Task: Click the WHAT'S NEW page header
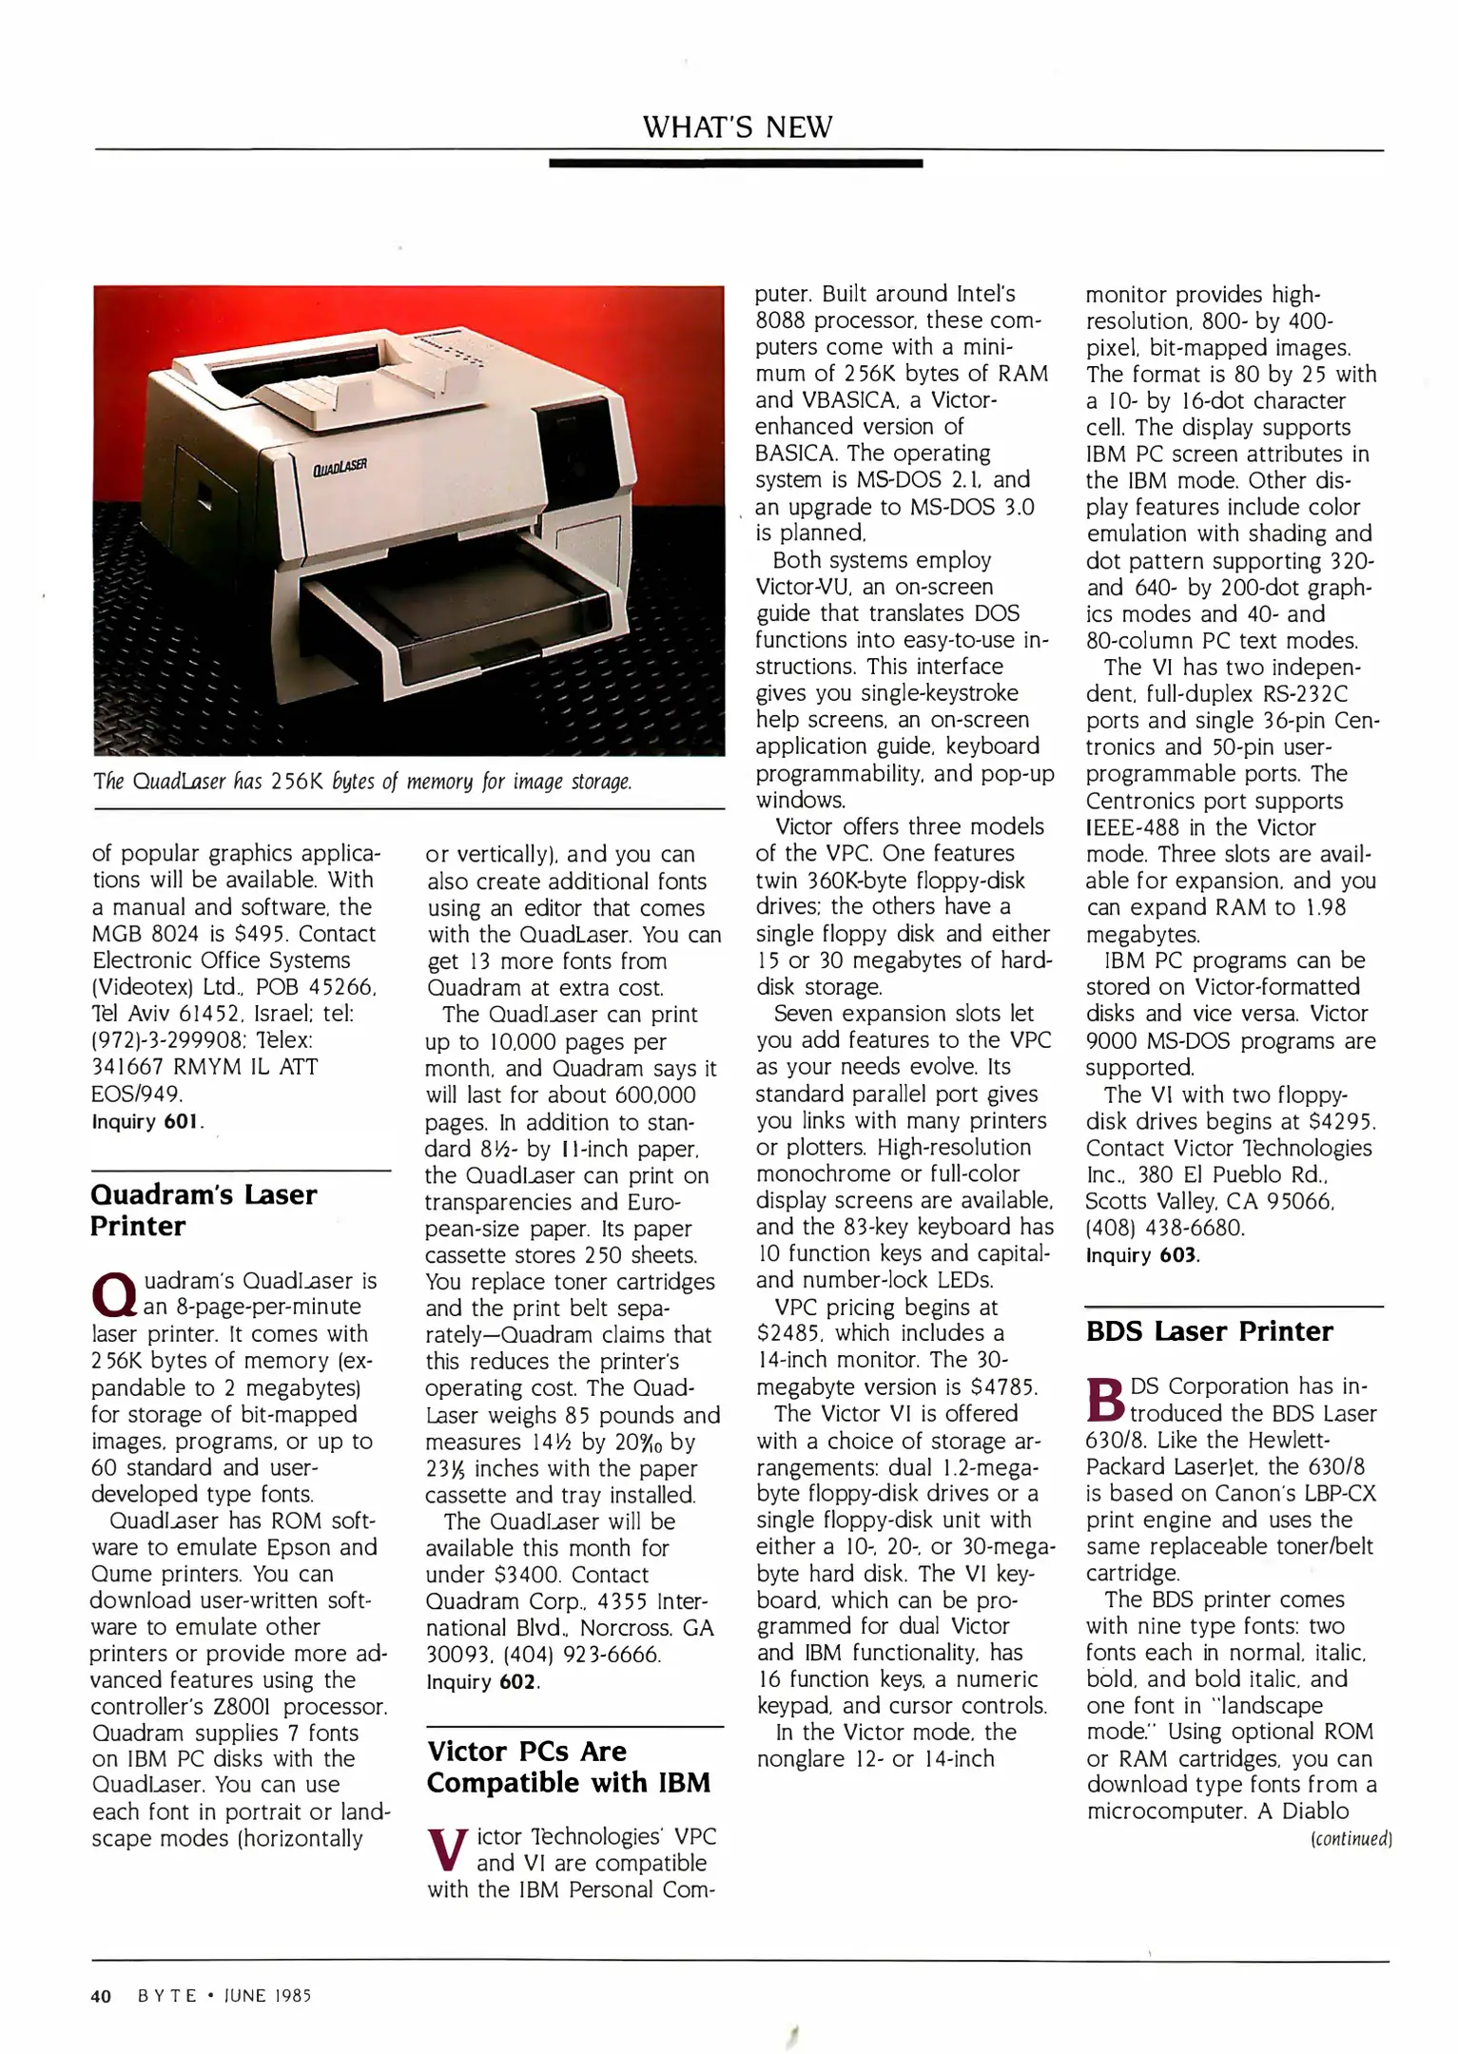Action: tap(737, 126)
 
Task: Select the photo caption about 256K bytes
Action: tap(362, 782)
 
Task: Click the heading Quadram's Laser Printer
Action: tap(204, 1210)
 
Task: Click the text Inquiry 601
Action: tap(148, 1121)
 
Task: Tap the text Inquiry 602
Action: tap(483, 1681)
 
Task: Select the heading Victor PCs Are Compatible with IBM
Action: tap(568, 1766)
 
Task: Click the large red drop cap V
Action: tap(448, 1847)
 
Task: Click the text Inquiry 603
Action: tap(1142, 1254)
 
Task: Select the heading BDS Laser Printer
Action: tap(1209, 1331)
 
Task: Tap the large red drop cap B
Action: tap(1104, 1397)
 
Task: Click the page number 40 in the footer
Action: tap(102, 1996)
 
